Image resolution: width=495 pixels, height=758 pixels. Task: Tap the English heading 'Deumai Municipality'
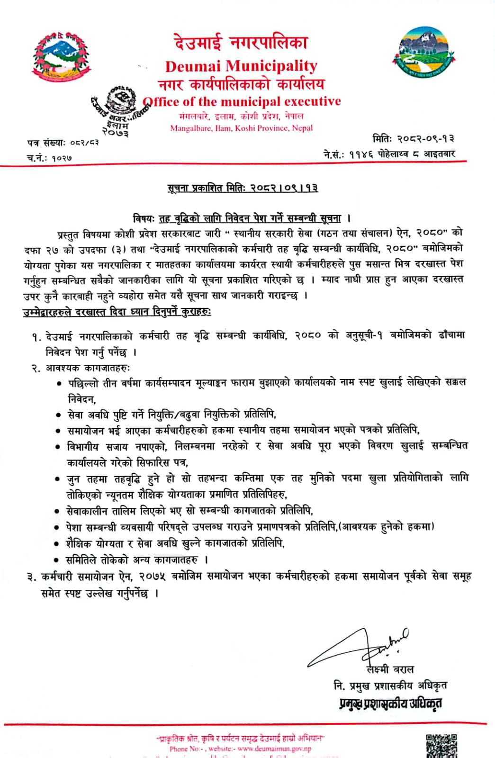click(241, 66)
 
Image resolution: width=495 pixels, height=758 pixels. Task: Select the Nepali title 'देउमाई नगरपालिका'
click(241, 43)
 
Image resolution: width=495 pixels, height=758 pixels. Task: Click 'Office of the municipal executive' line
click(242, 101)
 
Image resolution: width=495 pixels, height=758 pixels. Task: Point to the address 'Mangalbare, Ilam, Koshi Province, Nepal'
click(242, 128)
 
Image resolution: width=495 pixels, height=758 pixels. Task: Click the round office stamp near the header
click(118, 104)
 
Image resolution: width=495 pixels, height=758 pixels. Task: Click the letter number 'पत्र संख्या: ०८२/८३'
click(63, 142)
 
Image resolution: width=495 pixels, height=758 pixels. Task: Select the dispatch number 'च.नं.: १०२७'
click(49, 158)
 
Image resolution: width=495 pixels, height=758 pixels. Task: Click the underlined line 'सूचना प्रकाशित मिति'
click(243, 189)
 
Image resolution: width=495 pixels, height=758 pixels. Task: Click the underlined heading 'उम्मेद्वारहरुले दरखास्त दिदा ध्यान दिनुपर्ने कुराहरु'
click(117, 312)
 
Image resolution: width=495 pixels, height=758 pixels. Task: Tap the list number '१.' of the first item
click(36, 337)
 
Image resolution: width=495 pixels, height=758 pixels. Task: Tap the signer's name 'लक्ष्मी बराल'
click(390, 669)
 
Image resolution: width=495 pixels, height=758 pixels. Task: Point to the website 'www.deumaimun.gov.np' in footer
click(274, 749)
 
